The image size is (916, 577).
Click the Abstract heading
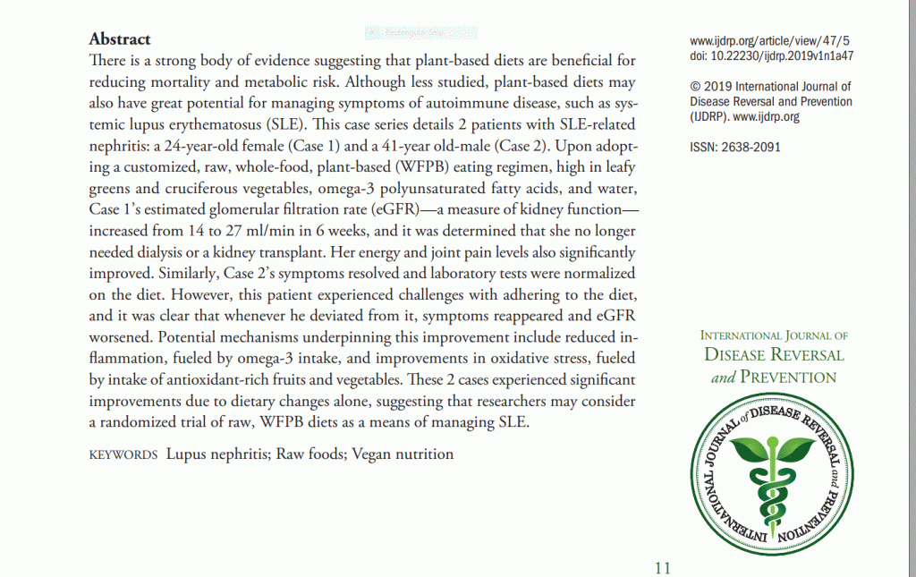point(120,39)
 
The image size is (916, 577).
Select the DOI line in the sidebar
point(772,55)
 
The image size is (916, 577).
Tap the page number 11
point(662,567)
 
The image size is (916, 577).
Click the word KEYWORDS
point(123,454)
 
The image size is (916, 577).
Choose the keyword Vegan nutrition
point(403,454)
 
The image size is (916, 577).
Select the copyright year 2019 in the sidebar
point(719,88)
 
